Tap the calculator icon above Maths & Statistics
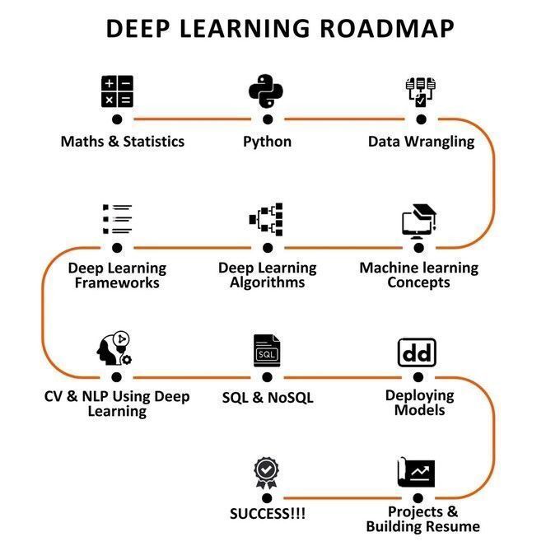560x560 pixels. (x=117, y=91)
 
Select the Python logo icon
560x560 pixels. (x=267, y=91)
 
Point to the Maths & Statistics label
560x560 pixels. (x=122, y=141)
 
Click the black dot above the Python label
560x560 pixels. (x=267, y=119)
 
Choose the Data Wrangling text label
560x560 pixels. (x=421, y=141)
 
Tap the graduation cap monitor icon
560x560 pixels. (x=418, y=221)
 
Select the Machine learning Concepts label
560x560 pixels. (x=418, y=275)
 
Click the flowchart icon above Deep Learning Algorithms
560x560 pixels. (x=266, y=220)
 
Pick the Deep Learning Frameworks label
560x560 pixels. (x=117, y=275)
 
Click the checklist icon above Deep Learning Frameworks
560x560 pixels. (x=117, y=219)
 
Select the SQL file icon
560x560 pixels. (x=267, y=350)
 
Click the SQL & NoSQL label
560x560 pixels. (x=268, y=398)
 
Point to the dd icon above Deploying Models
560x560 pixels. (x=417, y=352)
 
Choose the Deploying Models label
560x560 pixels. (x=419, y=403)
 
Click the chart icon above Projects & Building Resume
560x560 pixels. (x=417, y=474)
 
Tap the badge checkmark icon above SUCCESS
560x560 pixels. (x=267, y=472)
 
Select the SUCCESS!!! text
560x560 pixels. (x=268, y=514)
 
